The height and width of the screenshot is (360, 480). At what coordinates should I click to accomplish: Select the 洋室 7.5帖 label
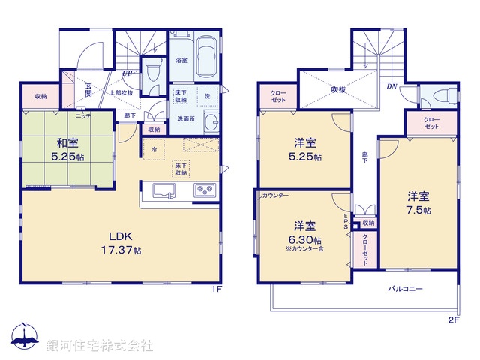[418, 203]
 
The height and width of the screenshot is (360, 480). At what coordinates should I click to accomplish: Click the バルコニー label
[405, 288]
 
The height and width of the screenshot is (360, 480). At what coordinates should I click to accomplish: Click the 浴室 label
[181, 60]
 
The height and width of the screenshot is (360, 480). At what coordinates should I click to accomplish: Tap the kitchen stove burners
[204, 190]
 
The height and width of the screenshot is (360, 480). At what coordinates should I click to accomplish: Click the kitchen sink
[165, 190]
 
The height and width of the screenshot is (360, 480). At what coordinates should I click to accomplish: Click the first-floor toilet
[153, 72]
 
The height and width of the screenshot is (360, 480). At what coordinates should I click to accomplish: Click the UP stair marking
[128, 73]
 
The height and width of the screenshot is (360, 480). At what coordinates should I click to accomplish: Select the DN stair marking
[391, 85]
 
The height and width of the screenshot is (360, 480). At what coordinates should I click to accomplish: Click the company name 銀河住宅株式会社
[100, 346]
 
